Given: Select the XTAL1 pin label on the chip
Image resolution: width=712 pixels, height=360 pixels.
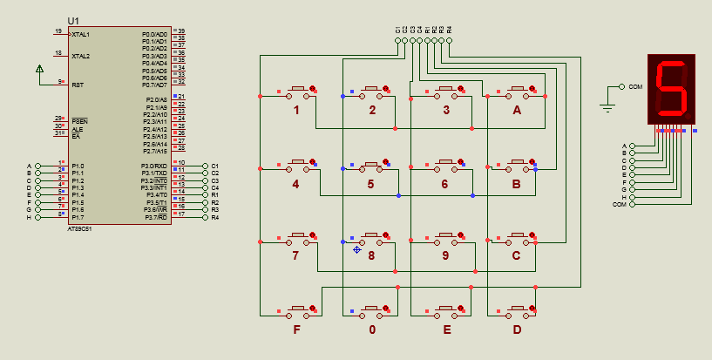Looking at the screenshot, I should coord(81,34).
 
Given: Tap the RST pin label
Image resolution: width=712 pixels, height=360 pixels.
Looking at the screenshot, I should coord(78,85).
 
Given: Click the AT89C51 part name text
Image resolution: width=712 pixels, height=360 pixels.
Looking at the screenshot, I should coord(80,228).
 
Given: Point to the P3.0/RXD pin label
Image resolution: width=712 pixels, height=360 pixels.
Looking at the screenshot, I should coord(154,166).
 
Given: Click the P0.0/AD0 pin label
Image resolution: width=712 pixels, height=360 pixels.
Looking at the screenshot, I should coord(154,33).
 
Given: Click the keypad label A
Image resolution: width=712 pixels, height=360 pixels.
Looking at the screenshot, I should coord(517,111).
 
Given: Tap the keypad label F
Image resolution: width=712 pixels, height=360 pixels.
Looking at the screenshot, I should coord(296,329).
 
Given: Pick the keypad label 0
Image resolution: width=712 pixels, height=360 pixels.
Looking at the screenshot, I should coord(372,329).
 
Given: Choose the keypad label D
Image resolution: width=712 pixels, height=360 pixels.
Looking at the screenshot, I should coord(517,329).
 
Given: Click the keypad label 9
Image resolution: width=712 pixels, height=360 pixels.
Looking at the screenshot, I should coord(445,256).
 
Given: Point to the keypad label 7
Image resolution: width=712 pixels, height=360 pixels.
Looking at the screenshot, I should coord(296,256).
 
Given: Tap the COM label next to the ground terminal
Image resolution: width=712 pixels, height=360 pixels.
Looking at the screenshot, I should coord(635,87).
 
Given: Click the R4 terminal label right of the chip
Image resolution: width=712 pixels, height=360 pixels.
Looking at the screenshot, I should coord(215,217).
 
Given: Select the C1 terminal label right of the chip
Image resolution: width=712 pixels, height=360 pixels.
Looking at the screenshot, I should coord(215,166).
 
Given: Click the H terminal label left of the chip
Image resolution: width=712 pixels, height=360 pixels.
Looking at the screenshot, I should coord(29,217).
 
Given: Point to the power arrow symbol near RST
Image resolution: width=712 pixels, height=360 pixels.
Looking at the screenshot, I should coord(39,69).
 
